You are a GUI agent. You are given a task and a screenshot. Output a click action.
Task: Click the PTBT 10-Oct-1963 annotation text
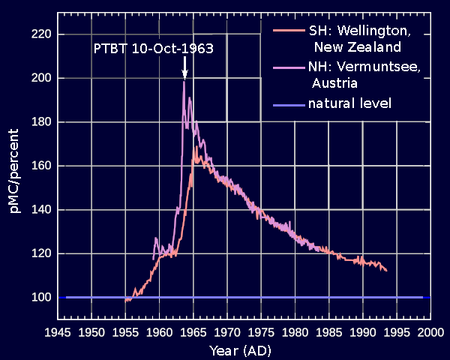click(x=154, y=49)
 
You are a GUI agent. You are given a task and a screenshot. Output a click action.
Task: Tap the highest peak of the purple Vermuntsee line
click(x=184, y=81)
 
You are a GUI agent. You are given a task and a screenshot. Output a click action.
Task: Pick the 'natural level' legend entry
click(x=349, y=102)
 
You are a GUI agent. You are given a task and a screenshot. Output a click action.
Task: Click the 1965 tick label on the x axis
click(x=193, y=331)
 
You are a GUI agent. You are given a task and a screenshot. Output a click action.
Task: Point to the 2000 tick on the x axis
click(x=430, y=331)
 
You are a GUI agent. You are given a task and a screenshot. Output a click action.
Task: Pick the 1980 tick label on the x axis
click(x=295, y=331)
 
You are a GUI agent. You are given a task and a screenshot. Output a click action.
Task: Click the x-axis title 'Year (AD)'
click(x=241, y=349)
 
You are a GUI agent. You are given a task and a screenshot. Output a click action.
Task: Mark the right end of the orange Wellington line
click(x=386, y=270)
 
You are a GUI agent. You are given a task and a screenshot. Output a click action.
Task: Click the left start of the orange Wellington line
click(x=125, y=301)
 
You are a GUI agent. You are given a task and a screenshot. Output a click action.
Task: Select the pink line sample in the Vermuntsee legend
click(x=289, y=67)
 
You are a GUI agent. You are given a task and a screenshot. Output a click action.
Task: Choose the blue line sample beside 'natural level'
click(x=289, y=103)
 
